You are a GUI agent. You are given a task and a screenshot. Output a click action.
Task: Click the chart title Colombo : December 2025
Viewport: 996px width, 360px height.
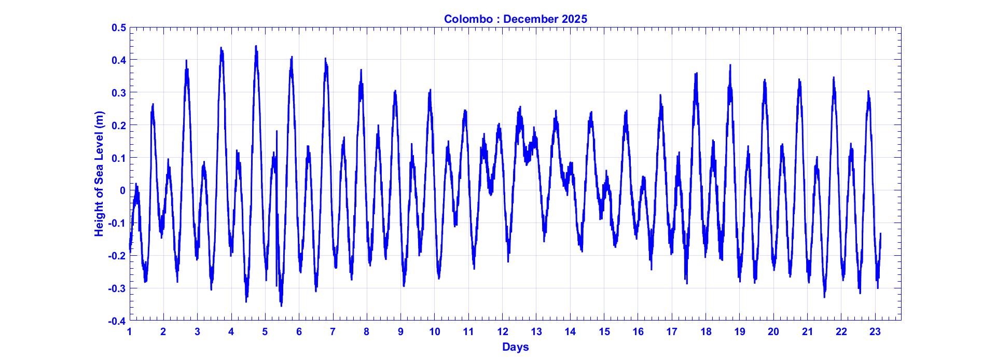tap(515, 19)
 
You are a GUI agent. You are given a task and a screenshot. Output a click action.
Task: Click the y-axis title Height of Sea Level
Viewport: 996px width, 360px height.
tap(99, 174)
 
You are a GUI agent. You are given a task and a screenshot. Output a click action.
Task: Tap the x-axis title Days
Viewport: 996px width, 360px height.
tap(515, 347)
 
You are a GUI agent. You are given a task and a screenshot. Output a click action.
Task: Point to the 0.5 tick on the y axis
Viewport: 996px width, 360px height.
tap(119, 27)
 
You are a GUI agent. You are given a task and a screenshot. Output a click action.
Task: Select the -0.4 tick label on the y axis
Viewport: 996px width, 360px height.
tap(117, 321)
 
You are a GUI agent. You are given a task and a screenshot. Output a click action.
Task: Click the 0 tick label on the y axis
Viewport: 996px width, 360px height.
tap(122, 190)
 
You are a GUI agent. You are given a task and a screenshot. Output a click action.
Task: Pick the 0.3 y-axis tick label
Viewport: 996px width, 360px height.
tap(119, 92)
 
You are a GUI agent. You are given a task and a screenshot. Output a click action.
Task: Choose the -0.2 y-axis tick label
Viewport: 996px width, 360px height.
tap(117, 256)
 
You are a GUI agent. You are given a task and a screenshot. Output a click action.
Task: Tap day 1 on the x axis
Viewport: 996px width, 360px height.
tap(130, 332)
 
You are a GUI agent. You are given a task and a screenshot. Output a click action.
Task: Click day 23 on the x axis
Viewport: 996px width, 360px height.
tap(875, 332)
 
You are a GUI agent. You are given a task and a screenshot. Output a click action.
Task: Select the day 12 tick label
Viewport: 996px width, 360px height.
tap(502, 332)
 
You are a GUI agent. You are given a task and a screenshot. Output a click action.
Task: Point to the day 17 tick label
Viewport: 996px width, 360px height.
tap(671, 332)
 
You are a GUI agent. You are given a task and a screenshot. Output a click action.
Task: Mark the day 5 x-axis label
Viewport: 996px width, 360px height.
tap(265, 332)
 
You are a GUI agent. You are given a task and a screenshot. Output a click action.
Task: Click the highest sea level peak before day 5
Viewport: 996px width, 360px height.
tap(256, 46)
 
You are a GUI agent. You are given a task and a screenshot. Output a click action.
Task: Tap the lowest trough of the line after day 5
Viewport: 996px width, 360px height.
tap(281, 306)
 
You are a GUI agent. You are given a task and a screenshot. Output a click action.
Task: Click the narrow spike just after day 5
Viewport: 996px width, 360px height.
tap(276, 131)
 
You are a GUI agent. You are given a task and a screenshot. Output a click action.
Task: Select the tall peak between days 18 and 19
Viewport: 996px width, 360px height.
tap(730, 65)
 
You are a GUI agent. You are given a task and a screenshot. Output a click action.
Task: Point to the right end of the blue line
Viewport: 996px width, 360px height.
tap(880, 234)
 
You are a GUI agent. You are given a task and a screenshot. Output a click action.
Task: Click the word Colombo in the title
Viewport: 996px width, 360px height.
tap(468, 19)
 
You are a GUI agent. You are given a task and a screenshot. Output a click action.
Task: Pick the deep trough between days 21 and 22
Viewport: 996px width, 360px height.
tap(824, 297)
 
